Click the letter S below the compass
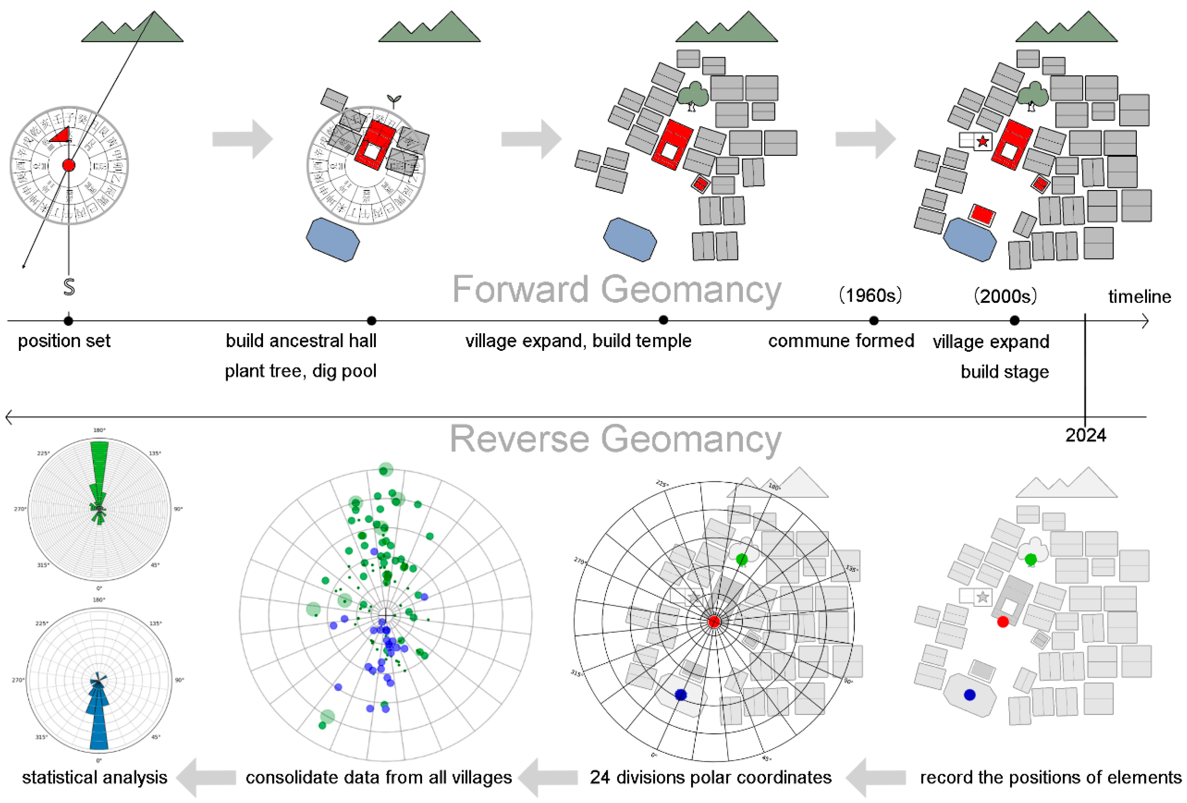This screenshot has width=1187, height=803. (x=69, y=287)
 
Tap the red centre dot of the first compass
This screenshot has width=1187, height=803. (x=68, y=165)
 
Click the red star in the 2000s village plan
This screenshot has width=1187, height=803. (x=982, y=142)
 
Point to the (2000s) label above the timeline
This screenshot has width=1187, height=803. (x=1005, y=296)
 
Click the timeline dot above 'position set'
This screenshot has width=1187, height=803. (x=68, y=321)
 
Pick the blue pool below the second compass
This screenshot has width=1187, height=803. (x=333, y=239)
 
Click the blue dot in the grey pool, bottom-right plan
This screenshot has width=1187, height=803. (x=969, y=695)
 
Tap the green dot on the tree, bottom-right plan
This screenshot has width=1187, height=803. (x=1031, y=559)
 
